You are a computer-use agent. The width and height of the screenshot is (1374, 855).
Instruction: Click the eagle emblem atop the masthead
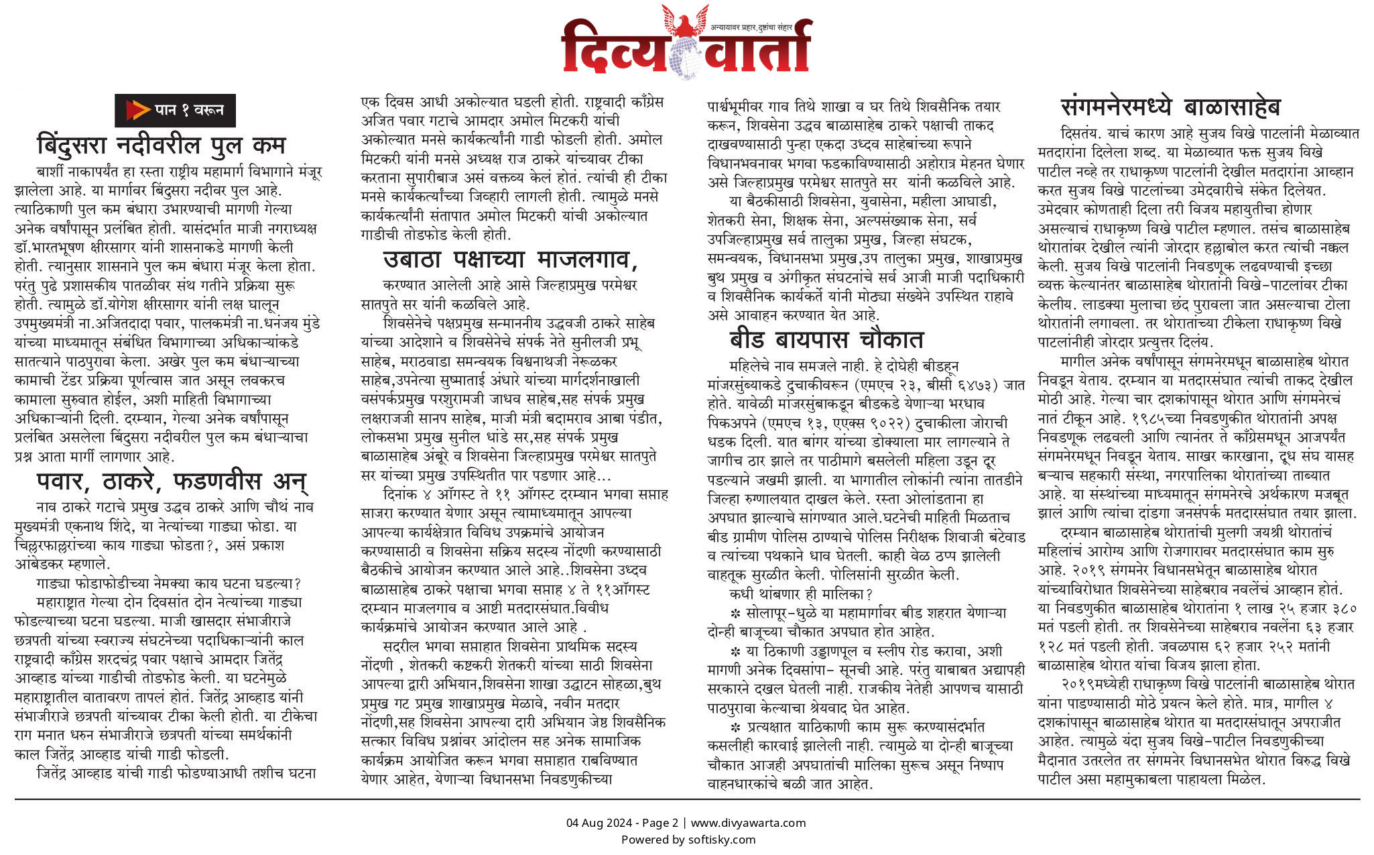(x=684, y=21)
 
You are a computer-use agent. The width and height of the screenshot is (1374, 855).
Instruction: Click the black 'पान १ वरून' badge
(x=175, y=111)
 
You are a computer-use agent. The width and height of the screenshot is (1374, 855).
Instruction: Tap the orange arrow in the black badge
(x=137, y=110)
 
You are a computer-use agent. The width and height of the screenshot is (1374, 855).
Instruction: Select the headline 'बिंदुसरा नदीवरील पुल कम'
(x=161, y=145)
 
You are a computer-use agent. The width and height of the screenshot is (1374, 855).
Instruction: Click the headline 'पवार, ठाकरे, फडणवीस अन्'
(x=172, y=481)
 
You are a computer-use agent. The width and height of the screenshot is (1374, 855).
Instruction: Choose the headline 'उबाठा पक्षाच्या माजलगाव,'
(x=510, y=259)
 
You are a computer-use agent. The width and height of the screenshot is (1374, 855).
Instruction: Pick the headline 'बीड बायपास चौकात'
(x=826, y=340)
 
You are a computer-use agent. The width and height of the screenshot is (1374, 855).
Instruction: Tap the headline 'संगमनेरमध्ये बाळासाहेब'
(x=1170, y=107)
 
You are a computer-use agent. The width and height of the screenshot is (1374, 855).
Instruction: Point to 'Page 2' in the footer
(x=660, y=823)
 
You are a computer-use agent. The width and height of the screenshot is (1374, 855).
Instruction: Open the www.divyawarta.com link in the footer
(x=748, y=823)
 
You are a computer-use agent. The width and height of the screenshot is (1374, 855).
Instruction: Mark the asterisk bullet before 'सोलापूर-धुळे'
(x=735, y=613)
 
